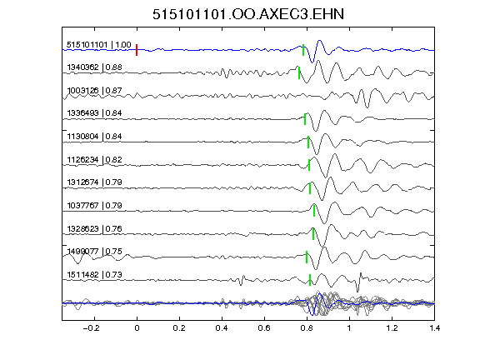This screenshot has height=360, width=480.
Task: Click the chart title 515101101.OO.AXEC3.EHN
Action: tap(248, 14)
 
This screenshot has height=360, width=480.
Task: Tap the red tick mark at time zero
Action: tap(137, 50)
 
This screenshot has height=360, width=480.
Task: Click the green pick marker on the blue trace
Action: tap(303, 50)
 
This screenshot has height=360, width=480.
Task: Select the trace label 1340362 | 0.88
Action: tap(95, 67)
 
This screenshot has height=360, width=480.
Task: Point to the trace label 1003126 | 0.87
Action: tap(95, 91)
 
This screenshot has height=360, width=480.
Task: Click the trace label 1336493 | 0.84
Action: tap(95, 113)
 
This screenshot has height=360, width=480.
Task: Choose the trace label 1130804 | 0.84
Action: tap(95, 136)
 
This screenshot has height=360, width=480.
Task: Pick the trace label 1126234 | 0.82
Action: tap(95, 159)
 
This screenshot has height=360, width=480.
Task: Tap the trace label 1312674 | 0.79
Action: tap(95, 182)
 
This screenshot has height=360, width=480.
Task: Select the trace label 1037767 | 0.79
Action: tap(95, 205)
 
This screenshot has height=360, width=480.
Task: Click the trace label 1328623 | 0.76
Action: tap(95, 228)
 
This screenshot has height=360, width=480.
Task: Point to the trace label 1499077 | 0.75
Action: tap(95, 252)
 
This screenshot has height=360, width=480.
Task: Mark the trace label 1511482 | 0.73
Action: tap(95, 275)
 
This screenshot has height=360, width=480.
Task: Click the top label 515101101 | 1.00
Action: tap(99, 45)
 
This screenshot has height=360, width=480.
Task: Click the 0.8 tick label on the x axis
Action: tap(307, 328)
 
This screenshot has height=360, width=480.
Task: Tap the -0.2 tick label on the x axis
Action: tap(92, 328)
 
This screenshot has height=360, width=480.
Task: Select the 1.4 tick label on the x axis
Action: tap(434, 328)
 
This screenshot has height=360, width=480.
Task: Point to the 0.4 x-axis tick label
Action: tap(222, 328)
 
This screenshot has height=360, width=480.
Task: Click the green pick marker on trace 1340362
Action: tap(299, 72)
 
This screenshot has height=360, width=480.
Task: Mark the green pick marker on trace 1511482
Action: tap(310, 280)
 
